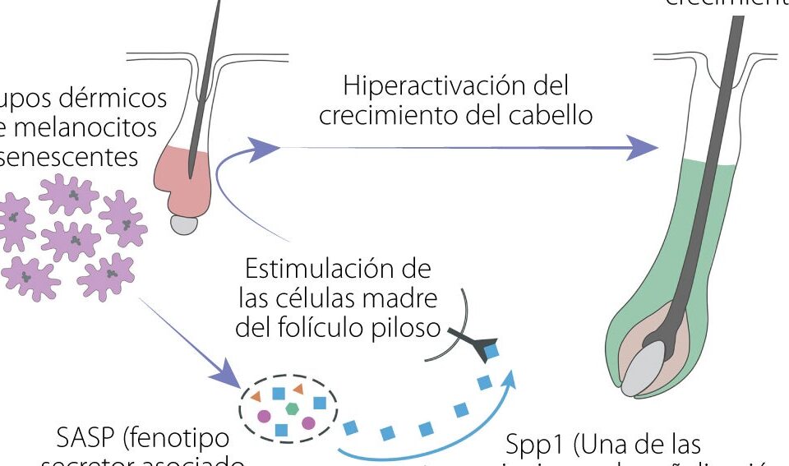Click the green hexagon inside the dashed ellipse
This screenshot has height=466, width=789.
tap(291, 408)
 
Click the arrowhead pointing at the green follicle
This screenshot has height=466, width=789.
tap(644, 149)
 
